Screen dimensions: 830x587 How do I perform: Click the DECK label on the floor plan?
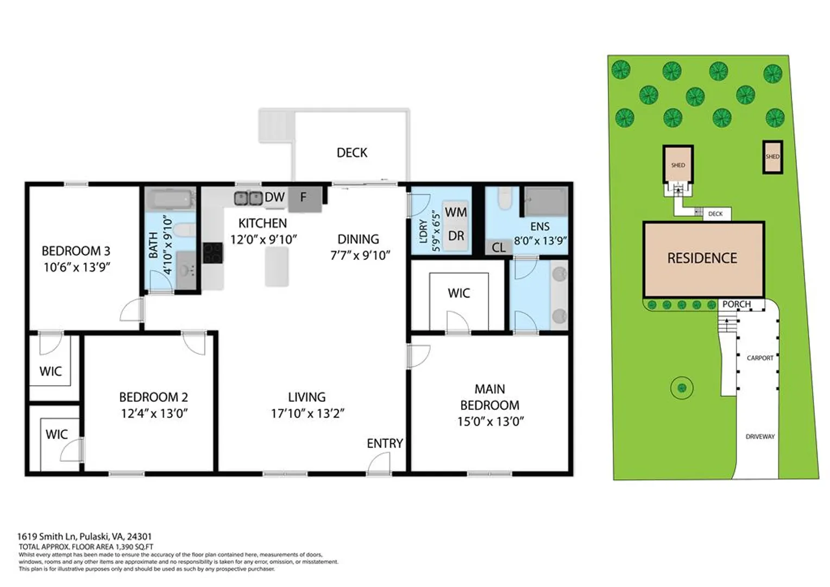click(x=351, y=152)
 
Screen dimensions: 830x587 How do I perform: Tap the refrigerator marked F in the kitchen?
click(x=305, y=199)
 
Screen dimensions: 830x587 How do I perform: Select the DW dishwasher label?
click(x=274, y=197)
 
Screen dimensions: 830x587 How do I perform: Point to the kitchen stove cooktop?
click(x=213, y=253)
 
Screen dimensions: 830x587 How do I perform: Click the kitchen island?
click(x=277, y=267)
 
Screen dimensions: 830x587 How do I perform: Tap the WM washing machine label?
click(x=456, y=212)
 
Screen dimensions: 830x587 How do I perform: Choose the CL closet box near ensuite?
click(x=499, y=247)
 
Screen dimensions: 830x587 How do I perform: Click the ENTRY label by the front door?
click(x=385, y=443)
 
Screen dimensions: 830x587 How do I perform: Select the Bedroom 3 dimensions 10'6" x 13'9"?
click(x=77, y=267)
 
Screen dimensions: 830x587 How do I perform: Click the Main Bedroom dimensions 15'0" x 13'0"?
click(x=490, y=422)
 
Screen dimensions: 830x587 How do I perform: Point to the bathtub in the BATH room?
click(x=170, y=199)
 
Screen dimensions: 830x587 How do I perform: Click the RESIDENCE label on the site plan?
click(x=702, y=258)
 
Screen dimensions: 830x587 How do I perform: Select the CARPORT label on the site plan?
click(x=760, y=358)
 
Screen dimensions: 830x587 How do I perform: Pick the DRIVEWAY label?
click(x=760, y=436)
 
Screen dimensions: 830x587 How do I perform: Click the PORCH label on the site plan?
click(x=737, y=304)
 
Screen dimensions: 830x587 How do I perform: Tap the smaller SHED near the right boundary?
click(x=772, y=157)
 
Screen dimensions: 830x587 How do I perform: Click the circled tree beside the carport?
click(x=682, y=388)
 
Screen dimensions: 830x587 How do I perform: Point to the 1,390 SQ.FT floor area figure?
click(x=134, y=547)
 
